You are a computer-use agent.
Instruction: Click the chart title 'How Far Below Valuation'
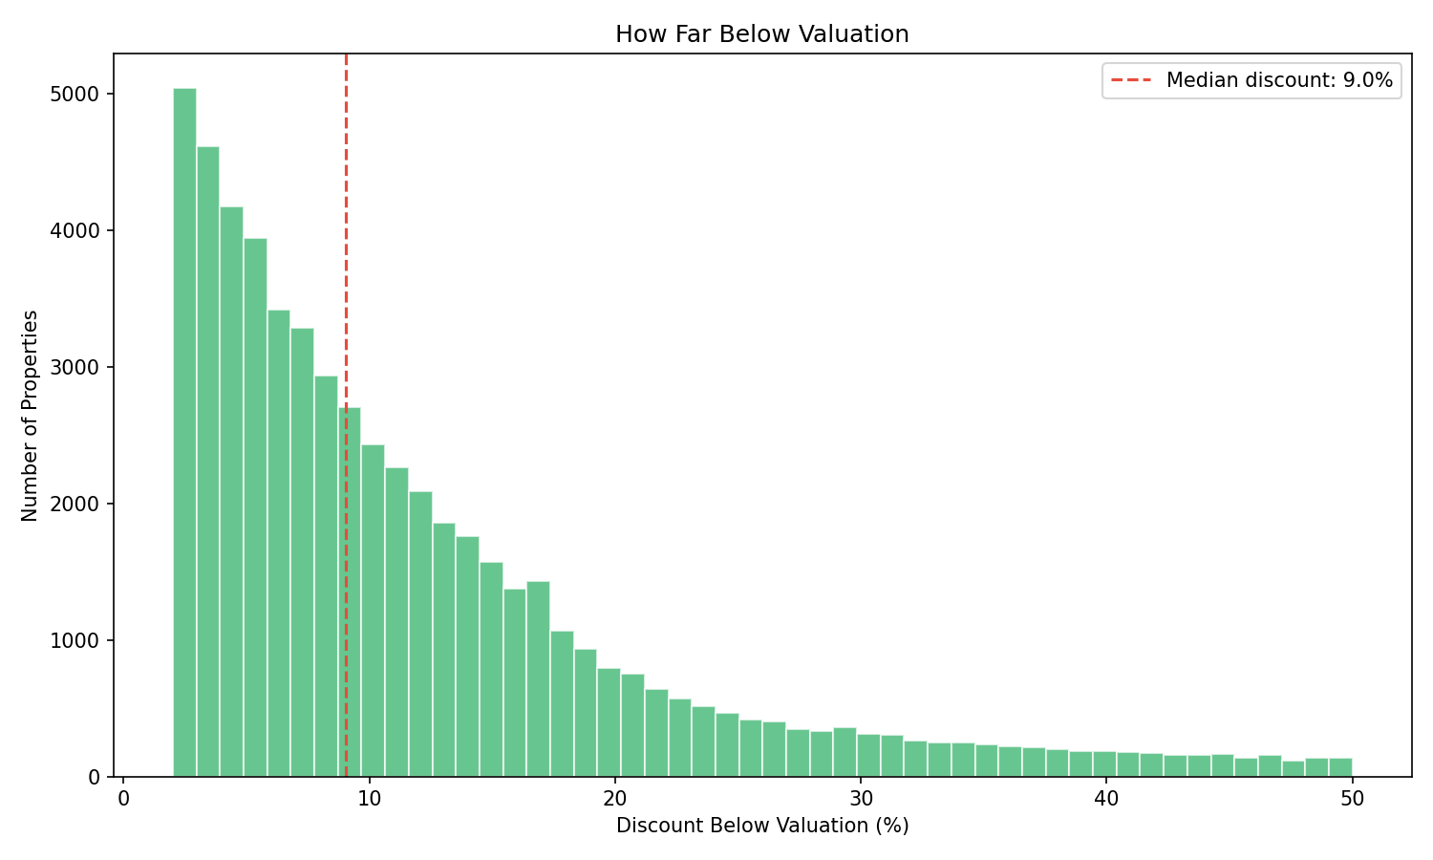pos(761,34)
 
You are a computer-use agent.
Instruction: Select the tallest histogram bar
pos(184,430)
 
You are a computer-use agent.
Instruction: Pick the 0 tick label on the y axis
pos(94,778)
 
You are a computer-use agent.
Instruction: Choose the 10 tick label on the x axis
pos(369,799)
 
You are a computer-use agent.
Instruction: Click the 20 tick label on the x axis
pos(614,799)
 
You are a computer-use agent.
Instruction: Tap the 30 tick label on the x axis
pos(860,799)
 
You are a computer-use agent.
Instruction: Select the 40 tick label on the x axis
pos(1105,799)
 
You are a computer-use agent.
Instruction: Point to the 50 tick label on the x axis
pos(1352,799)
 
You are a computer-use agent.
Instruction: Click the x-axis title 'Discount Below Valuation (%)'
pos(761,826)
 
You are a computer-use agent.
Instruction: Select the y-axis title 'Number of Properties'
pos(31,416)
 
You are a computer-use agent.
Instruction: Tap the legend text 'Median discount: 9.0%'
pos(1279,81)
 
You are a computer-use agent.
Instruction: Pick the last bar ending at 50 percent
pos(1340,767)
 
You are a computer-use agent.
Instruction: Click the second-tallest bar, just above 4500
pos(208,459)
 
